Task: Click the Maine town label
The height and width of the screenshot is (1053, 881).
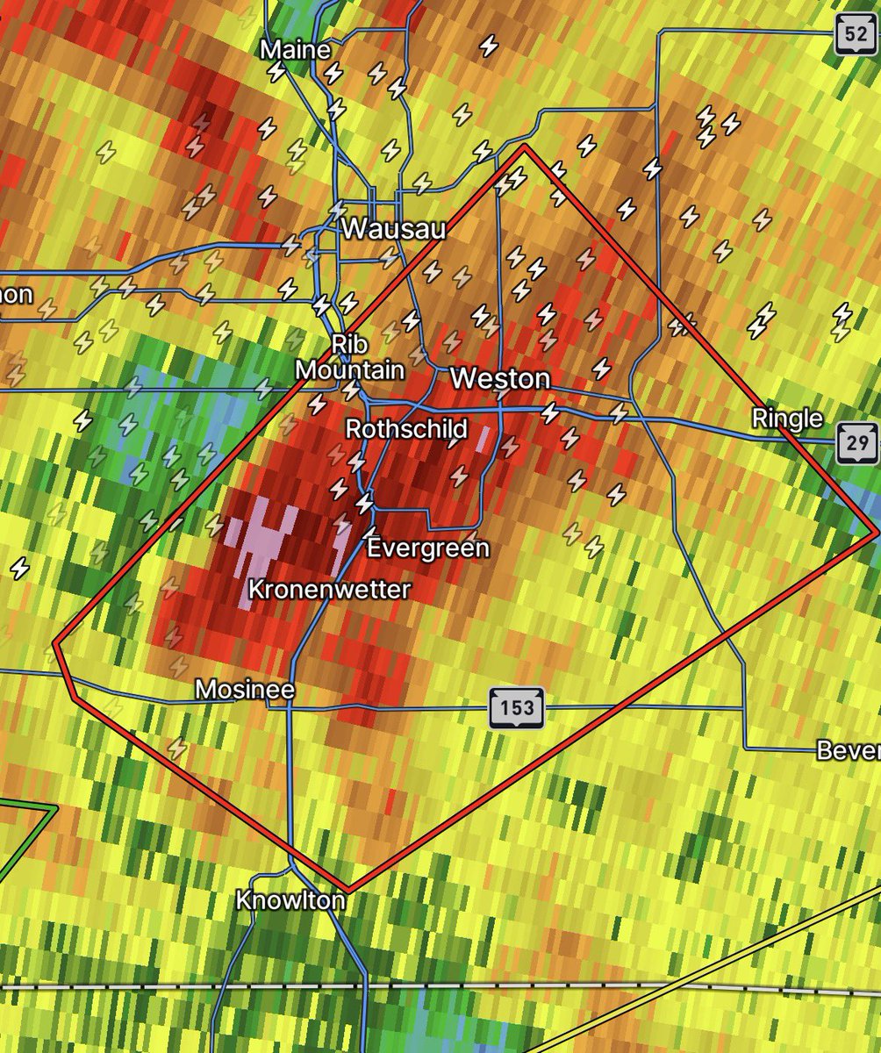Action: pos(296,50)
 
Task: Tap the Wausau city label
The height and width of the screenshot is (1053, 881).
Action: pos(394,230)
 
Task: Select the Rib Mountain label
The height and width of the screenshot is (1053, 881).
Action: pos(349,357)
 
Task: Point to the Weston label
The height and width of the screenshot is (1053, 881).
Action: pos(499,379)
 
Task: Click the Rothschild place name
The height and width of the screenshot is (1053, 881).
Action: pos(406,429)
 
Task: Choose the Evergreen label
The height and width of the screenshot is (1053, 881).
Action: pos(427,548)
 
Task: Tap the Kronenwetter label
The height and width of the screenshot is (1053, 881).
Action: pos(329,590)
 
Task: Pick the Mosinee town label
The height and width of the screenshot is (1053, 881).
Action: pos(244,690)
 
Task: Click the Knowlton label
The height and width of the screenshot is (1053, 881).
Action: pos(290,900)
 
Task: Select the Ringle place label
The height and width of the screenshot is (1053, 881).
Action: pos(787,419)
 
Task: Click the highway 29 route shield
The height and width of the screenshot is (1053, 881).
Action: pos(856,442)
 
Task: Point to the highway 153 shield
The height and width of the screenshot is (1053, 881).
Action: pos(517,707)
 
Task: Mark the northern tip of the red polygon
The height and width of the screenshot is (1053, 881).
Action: pos(524,147)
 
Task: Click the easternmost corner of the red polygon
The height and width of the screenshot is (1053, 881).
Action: pos(877,532)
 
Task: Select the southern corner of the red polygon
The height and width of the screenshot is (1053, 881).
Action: pos(348,891)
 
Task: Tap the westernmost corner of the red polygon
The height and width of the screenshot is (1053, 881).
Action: pos(55,642)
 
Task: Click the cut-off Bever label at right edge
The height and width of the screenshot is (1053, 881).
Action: pos(848,750)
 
